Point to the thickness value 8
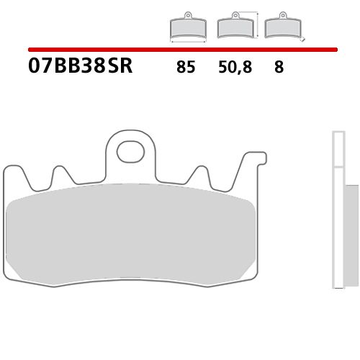tap(278, 68)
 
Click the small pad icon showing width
tap(186, 27)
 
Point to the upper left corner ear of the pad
tap(11, 171)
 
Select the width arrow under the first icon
tap(186, 40)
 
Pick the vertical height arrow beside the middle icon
tap(255, 26)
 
